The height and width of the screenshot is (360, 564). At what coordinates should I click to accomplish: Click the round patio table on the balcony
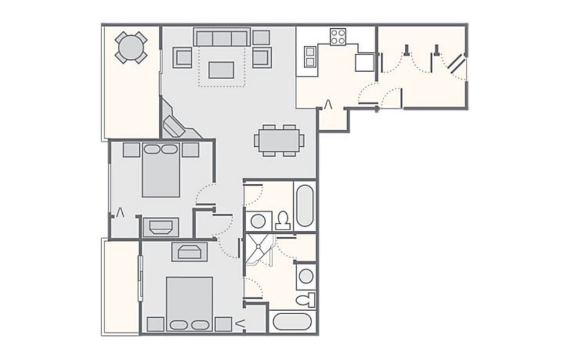coord(130,47)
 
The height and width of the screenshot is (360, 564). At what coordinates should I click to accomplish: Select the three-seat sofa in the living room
coord(222,38)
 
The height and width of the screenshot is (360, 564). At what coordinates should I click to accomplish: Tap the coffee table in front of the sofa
coord(221,70)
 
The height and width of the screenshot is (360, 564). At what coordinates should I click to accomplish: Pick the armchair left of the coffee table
coord(183,58)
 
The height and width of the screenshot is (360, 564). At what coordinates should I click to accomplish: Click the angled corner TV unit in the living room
coord(174,125)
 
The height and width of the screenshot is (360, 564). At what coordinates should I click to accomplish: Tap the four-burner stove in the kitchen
coord(338,36)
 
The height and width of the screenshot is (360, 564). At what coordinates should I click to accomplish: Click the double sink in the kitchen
coord(310,57)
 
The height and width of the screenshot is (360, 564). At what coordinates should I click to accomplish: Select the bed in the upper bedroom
coord(160,169)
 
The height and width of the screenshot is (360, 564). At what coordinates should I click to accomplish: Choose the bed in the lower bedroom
coord(189,304)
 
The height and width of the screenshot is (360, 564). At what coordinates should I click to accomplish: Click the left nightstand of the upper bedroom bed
coord(131,150)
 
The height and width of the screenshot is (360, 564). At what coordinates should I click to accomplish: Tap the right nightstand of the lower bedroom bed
coord(223,324)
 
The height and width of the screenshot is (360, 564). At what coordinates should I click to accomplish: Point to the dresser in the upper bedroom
coord(160,227)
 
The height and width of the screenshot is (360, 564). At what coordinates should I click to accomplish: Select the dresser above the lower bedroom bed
coord(189,251)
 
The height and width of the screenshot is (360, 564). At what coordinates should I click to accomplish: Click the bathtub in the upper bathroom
coord(304,206)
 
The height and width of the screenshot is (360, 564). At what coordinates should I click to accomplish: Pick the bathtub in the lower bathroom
coord(292,322)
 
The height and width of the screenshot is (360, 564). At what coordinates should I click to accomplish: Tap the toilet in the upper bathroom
coord(283,220)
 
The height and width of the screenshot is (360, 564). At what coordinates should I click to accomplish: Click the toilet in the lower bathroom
coord(305,300)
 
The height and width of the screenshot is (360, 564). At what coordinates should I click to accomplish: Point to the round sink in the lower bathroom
coord(305,275)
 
